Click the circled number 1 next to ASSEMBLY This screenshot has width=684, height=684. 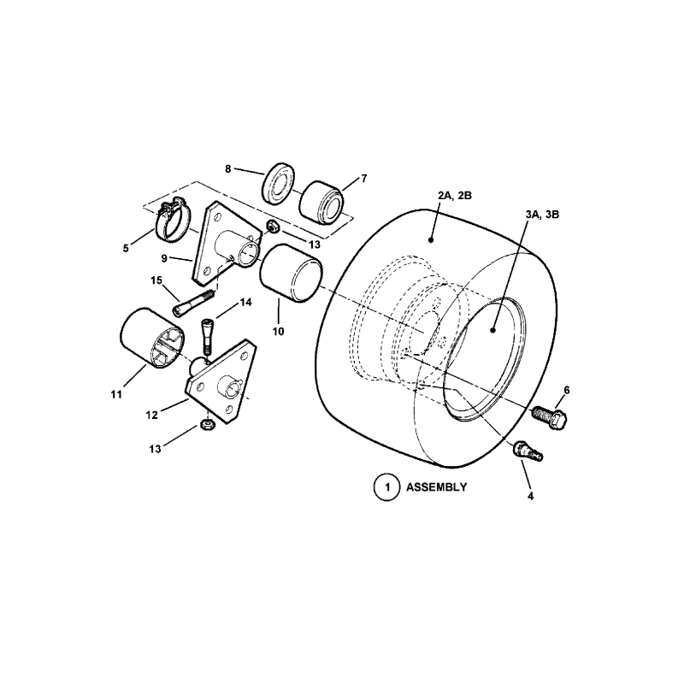pyautogui.click(x=386, y=487)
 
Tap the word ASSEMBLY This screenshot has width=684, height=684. pyautogui.click(x=435, y=487)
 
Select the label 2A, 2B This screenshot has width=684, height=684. pyautogui.click(x=455, y=196)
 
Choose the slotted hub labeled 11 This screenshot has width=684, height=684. pyautogui.click(x=152, y=342)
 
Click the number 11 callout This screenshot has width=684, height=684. pyautogui.click(x=115, y=394)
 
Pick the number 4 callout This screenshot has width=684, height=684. pyautogui.click(x=531, y=495)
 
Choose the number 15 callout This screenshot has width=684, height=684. pyautogui.click(x=156, y=280)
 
